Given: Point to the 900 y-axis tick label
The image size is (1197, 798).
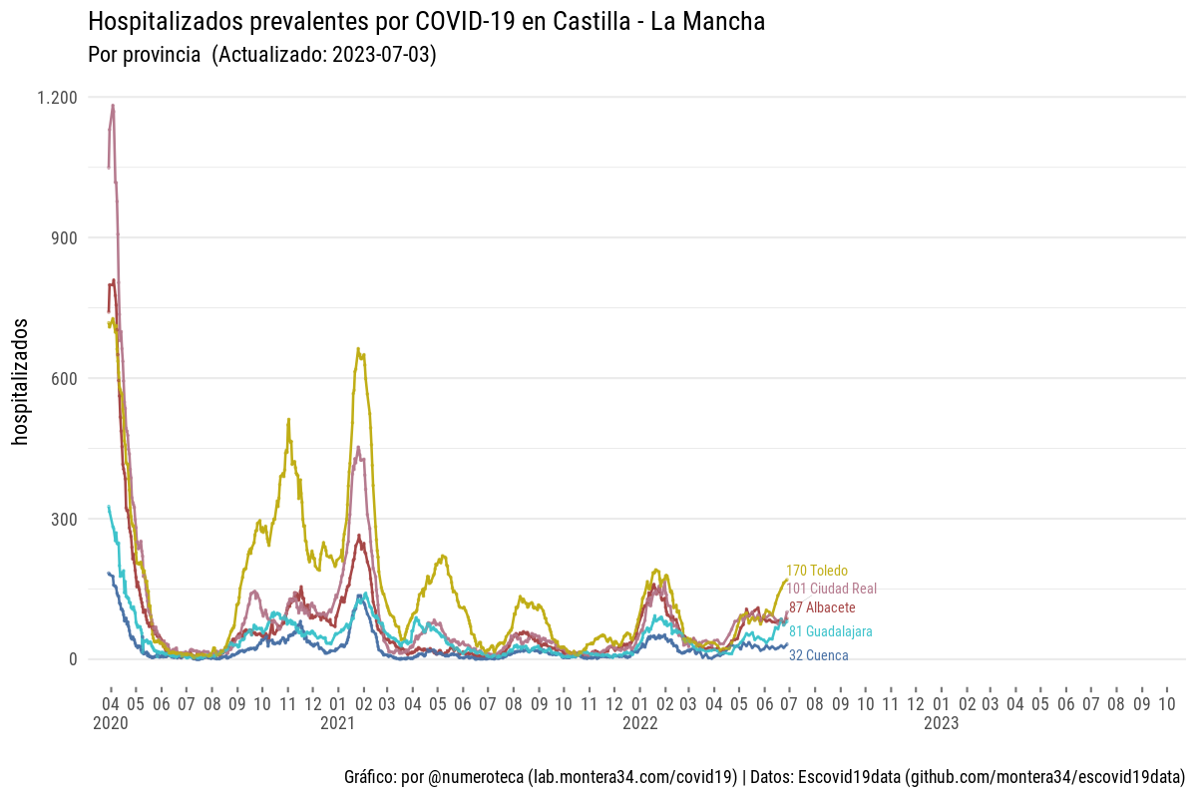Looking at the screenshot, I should pos(64,238).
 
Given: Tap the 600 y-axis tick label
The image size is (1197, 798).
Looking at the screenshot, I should pos(64,379).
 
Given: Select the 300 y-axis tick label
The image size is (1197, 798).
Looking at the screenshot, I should pos(64,520).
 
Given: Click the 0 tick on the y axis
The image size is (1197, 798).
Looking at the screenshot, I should pos(73,659).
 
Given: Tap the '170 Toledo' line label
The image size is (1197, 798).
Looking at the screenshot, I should pos(817,571).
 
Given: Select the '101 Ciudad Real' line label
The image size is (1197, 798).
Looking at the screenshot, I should pos(832,589).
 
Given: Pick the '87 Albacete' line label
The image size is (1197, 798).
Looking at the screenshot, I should pos(822,607).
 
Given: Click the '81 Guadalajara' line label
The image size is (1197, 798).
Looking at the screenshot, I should pos(831,631).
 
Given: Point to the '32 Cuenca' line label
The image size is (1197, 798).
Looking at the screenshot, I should pos(819,655).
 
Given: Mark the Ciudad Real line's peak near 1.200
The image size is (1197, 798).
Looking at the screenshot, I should pos(113,105).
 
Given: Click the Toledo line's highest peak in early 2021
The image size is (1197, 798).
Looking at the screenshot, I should pos(359,349).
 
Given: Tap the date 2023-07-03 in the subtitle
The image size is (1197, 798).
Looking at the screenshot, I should pos(382,54).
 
